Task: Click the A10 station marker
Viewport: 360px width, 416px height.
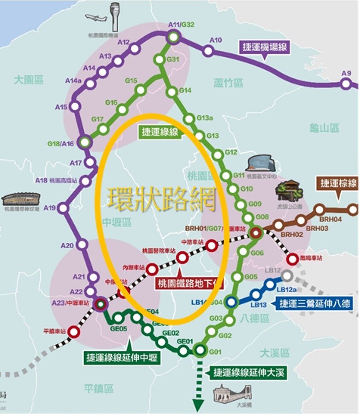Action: pyautogui.click(x=208, y=51)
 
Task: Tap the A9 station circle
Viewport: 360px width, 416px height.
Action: pyautogui.click(x=345, y=84)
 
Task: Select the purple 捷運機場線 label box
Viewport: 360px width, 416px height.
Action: pyautogui.click(x=265, y=47)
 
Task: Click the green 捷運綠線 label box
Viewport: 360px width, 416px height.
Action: pyautogui.click(x=160, y=132)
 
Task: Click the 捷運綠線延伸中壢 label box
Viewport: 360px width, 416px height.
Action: pyautogui.click(x=122, y=358)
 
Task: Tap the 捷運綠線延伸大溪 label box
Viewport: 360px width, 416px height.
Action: pyautogui.click(x=249, y=372)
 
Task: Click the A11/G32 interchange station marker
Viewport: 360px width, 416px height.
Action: pyautogui.click(x=173, y=37)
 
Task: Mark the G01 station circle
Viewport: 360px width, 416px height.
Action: pyautogui.click(x=199, y=351)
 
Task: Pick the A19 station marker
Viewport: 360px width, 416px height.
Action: pyautogui.click(x=63, y=209)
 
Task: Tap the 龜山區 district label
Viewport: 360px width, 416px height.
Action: pyautogui.click(x=325, y=128)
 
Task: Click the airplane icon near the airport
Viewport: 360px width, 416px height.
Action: pyautogui.click(x=96, y=18)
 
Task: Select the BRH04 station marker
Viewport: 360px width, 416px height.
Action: pyautogui.click(x=352, y=209)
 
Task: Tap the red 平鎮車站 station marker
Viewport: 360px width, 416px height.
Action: pyautogui.click(x=74, y=332)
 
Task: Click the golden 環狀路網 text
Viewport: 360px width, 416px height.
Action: pyautogui.click(x=162, y=199)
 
